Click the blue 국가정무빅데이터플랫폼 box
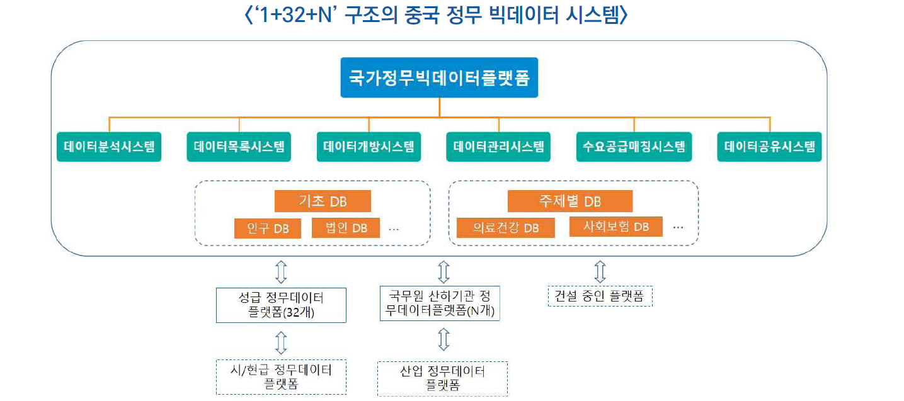click(x=439, y=79)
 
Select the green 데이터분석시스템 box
click(x=109, y=147)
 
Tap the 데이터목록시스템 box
click(x=239, y=147)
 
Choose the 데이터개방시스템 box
click(x=369, y=147)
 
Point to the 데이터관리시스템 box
click(x=498, y=147)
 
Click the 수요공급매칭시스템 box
click(x=634, y=147)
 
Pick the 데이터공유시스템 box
click(x=769, y=147)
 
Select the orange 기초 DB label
click(x=323, y=201)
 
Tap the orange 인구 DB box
click(x=268, y=228)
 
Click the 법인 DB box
click(x=346, y=228)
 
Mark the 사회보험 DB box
click(x=615, y=227)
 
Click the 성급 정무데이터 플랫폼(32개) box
click(x=281, y=305)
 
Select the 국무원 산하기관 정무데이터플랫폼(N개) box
click(x=440, y=303)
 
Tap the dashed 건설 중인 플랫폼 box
click(x=600, y=296)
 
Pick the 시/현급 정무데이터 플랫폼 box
click(x=281, y=376)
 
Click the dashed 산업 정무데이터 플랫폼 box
click(x=442, y=378)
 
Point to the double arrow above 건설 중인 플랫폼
click(x=600, y=271)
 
